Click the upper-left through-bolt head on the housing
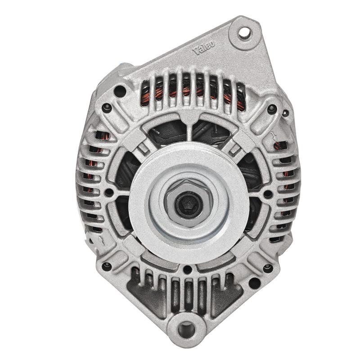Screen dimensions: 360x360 (107, 108)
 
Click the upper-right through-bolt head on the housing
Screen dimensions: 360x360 (271, 108)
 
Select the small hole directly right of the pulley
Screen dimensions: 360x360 (268, 194)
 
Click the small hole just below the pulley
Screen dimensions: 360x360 (186, 270)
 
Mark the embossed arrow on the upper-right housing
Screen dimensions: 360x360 (274, 135)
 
